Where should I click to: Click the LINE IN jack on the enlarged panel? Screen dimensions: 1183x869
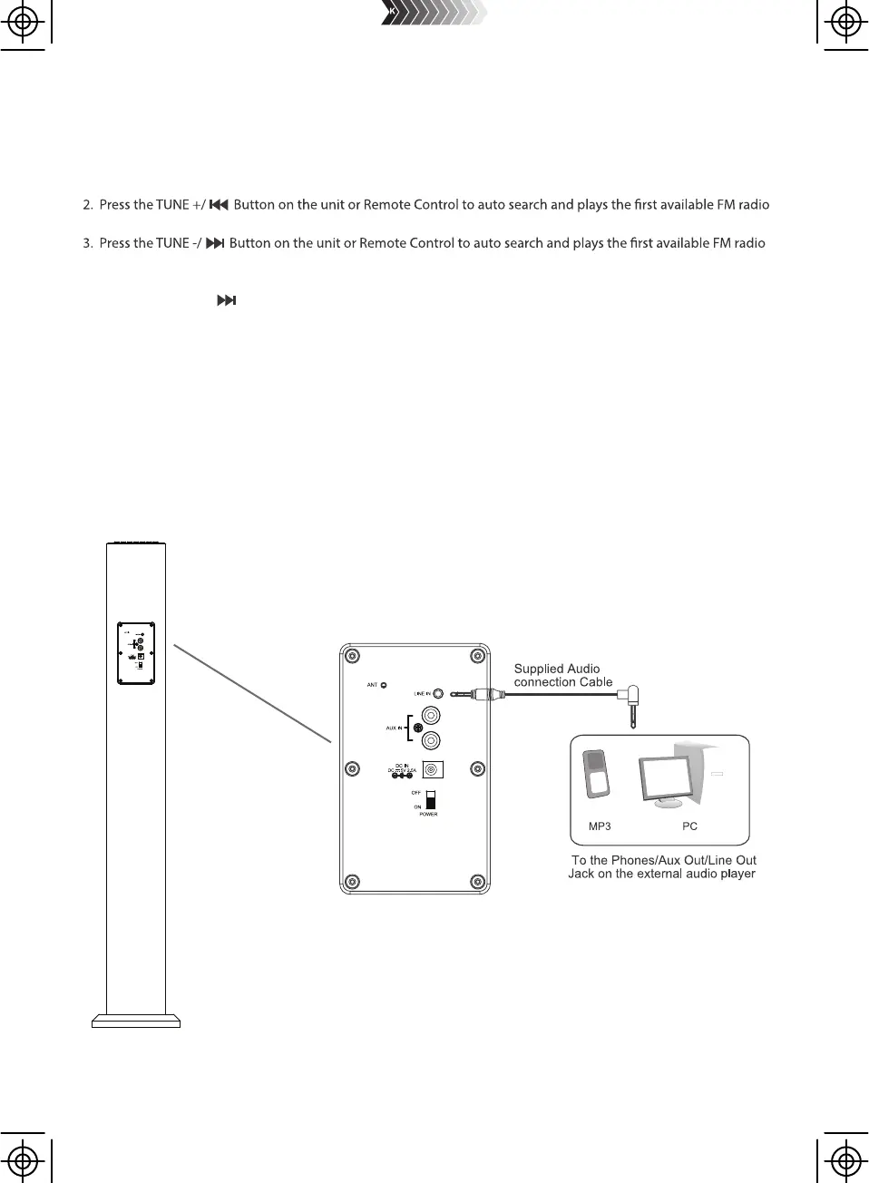click(439, 693)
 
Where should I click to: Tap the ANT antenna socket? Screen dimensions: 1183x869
click(384, 685)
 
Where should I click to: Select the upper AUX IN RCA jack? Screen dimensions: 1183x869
click(432, 717)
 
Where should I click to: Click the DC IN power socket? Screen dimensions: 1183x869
click(434, 769)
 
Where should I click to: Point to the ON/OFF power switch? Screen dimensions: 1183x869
click(431, 800)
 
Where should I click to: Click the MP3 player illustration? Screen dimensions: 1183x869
click(594, 773)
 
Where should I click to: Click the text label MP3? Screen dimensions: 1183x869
click(600, 826)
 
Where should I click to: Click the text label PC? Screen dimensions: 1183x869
click(689, 826)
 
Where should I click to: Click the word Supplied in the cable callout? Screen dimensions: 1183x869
click(539, 669)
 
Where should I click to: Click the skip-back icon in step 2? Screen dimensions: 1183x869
click(218, 205)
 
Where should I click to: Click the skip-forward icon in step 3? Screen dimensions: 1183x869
click(214, 243)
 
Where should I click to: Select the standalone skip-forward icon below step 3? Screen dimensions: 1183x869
click(226, 300)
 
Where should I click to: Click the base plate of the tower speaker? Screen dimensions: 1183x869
click(136, 1021)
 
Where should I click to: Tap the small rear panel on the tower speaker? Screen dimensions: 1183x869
click(136, 652)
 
